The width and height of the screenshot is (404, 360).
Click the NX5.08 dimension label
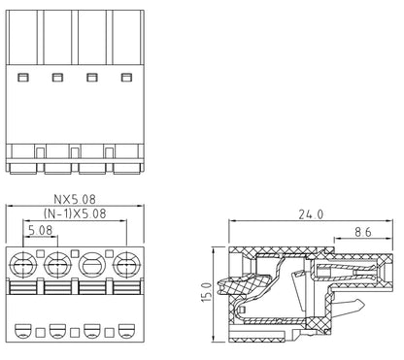(x=75, y=199)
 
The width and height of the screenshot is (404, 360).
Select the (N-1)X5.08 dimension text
(x=75, y=213)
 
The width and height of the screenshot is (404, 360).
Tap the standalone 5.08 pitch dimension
(x=41, y=230)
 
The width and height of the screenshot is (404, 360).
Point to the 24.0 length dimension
(x=311, y=214)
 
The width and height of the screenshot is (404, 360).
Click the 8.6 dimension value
(x=363, y=232)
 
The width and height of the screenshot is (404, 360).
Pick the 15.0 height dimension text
(x=207, y=292)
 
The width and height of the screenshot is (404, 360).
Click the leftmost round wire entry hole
(x=23, y=265)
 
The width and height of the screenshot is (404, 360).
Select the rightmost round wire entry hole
(x=126, y=265)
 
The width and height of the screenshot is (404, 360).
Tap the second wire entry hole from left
(x=57, y=265)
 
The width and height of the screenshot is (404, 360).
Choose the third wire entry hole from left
(x=92, y=265)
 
